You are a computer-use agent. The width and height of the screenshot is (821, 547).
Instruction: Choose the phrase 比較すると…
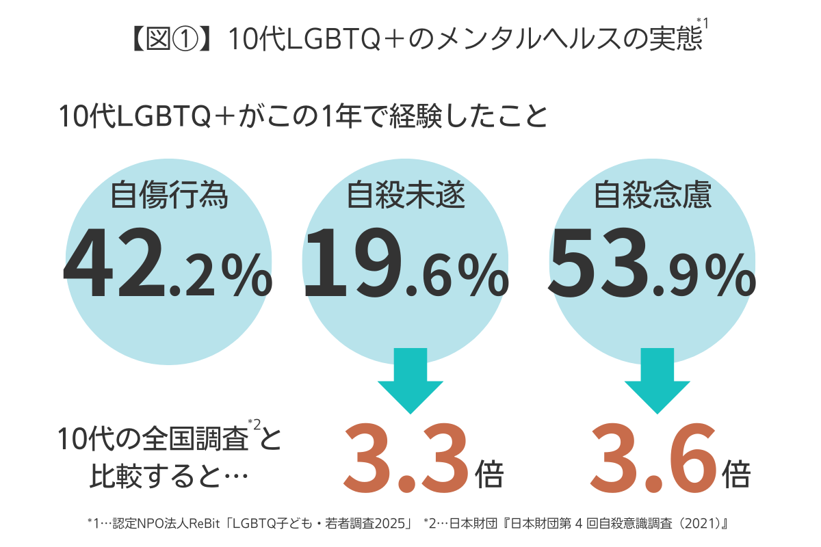(168, 475)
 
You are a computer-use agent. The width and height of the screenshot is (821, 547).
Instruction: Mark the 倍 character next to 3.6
(735, 475)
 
